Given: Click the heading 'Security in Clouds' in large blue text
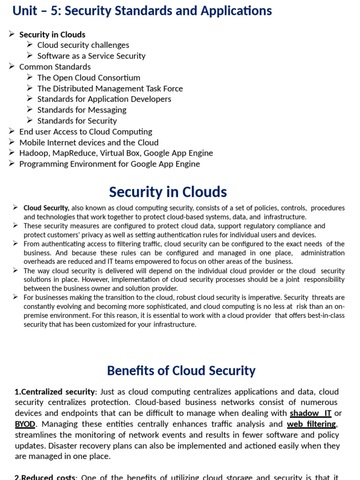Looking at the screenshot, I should (168, 192).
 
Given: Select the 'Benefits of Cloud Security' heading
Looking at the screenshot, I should (181, 371).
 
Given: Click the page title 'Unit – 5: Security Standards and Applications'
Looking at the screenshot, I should (142, 11).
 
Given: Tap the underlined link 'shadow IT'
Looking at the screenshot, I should (310, 413).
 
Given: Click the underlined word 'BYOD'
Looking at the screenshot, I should (25, 424).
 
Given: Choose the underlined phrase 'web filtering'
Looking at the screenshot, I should (311, 424).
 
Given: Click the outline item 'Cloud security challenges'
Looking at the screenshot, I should (83, 45).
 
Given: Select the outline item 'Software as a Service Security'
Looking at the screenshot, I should (91, 56).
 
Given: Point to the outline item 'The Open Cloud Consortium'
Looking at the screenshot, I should (89, 78).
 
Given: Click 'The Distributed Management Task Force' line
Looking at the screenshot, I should (110, 89).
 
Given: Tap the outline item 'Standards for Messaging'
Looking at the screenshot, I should (82, 110).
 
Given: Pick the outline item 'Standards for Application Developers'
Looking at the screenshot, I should (104, 99).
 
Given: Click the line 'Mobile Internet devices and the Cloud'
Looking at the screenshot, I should (89, 142).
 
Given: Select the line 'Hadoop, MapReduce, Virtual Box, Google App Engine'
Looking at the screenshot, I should (116, 153).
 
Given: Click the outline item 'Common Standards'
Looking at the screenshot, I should (55, 67).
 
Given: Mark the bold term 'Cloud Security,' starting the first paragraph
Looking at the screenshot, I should (46, 208).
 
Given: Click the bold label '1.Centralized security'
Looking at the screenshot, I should (55, 392).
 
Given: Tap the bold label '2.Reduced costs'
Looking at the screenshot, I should (45, 477).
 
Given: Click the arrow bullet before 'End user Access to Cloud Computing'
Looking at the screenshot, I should (12, 131).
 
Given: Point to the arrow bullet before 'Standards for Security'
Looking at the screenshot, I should (30, 120).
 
